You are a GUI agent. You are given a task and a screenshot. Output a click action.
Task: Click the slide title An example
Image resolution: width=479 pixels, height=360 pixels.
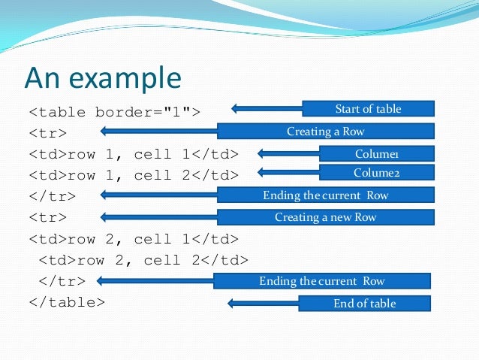(103, 77)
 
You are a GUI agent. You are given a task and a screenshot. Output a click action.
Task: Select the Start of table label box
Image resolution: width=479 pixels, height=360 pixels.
(368, 109)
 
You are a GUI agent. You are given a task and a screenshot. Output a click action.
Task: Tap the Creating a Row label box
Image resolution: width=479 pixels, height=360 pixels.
(325, 132)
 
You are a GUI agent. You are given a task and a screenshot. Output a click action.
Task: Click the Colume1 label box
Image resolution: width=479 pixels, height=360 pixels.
(376, 153)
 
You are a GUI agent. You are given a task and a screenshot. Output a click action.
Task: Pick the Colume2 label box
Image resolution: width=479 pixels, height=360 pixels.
(376, 173)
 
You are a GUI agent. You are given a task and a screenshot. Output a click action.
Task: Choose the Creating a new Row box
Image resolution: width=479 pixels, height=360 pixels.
(325, 217)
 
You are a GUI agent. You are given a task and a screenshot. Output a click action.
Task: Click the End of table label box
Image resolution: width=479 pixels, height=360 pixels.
(364, 304)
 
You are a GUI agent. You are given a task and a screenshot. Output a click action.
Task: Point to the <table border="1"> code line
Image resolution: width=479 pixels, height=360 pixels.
(115, 113)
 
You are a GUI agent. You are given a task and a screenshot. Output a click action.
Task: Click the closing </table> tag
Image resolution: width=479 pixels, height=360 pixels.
(67, 302)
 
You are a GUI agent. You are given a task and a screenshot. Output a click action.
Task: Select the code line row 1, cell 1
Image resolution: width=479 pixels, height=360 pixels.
(134, 154)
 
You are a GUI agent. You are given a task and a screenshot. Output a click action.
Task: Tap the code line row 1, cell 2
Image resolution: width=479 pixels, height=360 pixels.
(134, 175)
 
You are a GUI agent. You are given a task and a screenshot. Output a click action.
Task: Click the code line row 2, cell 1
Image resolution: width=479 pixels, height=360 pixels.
(134, 239)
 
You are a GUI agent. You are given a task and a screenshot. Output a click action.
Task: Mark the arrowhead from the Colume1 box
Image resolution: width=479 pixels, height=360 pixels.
(263, 153)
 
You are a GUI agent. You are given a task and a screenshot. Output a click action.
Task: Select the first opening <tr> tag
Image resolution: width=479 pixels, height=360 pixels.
(48, 134)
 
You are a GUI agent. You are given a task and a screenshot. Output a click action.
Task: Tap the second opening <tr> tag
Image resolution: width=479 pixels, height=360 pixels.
(48, 218)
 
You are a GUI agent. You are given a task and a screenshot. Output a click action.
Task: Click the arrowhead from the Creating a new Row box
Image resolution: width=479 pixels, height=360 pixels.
(105, 217)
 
